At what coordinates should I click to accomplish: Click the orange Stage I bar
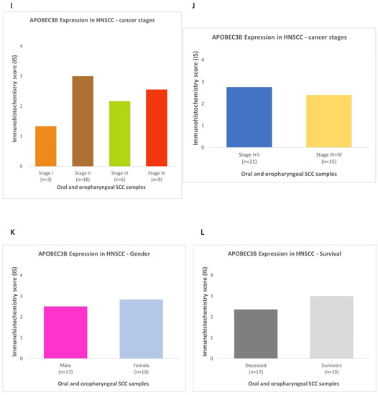coord(45,146)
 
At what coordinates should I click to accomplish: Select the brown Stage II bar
coord(81,121)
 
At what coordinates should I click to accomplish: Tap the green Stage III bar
coord(118,134)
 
